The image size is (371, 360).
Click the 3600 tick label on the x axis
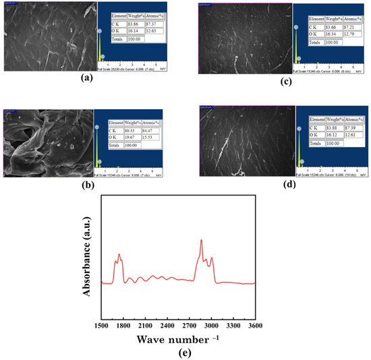[x=254, y=326]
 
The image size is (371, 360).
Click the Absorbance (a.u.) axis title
[x=86, y=252]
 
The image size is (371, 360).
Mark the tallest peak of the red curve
[x=201, y=240]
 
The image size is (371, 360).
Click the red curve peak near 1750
[x=119, y=254]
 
